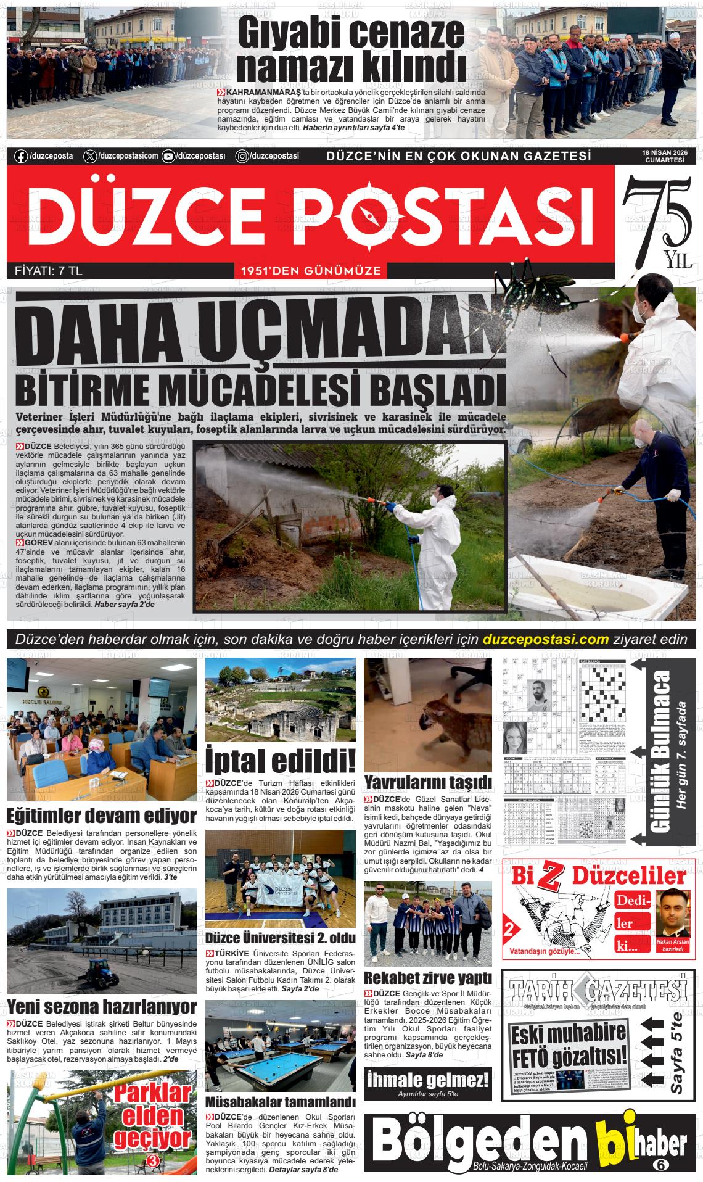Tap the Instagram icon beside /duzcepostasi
pos(243,156)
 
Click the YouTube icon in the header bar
pos(168,156)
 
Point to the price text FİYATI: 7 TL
pos(48,271)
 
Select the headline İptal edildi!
pos(280,761)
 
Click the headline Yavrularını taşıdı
pos(429,782)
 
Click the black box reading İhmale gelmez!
pos(428,1081)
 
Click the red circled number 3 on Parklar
pos(154,1162)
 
